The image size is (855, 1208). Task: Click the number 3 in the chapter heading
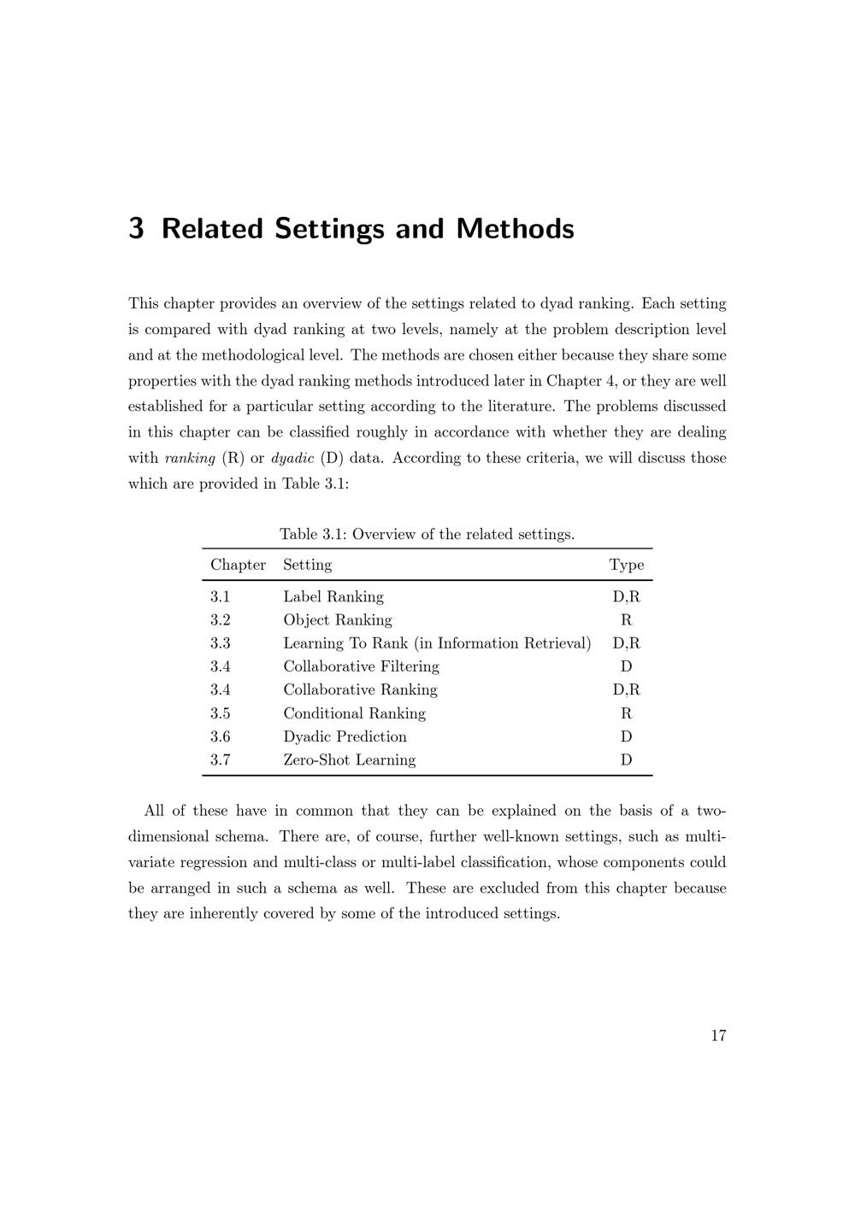coord(136,229)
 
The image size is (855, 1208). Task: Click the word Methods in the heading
coord(515,229)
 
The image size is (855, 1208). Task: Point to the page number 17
coord(718,1035)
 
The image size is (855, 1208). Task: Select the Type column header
coord(627,565)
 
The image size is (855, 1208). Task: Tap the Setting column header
coord(307,565)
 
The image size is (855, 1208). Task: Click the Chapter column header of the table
coord(238,565)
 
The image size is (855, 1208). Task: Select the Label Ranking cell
coord(333,597)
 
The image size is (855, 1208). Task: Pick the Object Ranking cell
coord(338,620)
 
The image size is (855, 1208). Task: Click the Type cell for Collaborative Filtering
coord(627,666)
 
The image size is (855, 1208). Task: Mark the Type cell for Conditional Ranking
coord(627,713)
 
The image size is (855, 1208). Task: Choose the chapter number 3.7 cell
coord(221,759)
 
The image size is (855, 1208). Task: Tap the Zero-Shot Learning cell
coord(350,759)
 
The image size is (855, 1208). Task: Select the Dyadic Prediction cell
coord(345,736)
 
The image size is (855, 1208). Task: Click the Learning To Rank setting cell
coord(437,643)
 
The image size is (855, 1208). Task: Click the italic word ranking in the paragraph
coord(190,458)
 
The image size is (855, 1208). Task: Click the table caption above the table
coord(427,535)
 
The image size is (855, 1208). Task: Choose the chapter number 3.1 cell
coord(221,597)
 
